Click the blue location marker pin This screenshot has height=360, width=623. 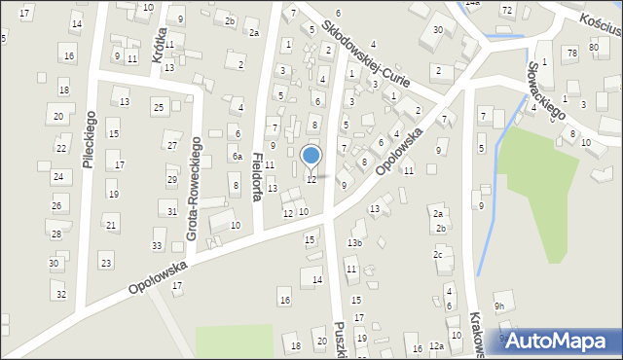311,156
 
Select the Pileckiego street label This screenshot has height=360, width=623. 89,139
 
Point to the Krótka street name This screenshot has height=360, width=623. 159,45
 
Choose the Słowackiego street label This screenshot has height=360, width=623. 546,91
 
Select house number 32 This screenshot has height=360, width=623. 60,294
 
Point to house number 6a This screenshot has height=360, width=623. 237,156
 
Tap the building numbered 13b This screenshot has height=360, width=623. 355,242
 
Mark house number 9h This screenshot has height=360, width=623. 499,306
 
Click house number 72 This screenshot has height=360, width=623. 507,9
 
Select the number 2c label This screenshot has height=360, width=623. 438,255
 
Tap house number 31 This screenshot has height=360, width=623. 172,212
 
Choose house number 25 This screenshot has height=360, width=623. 159,106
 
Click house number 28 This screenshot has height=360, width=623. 55,234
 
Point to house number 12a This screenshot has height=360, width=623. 436,346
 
